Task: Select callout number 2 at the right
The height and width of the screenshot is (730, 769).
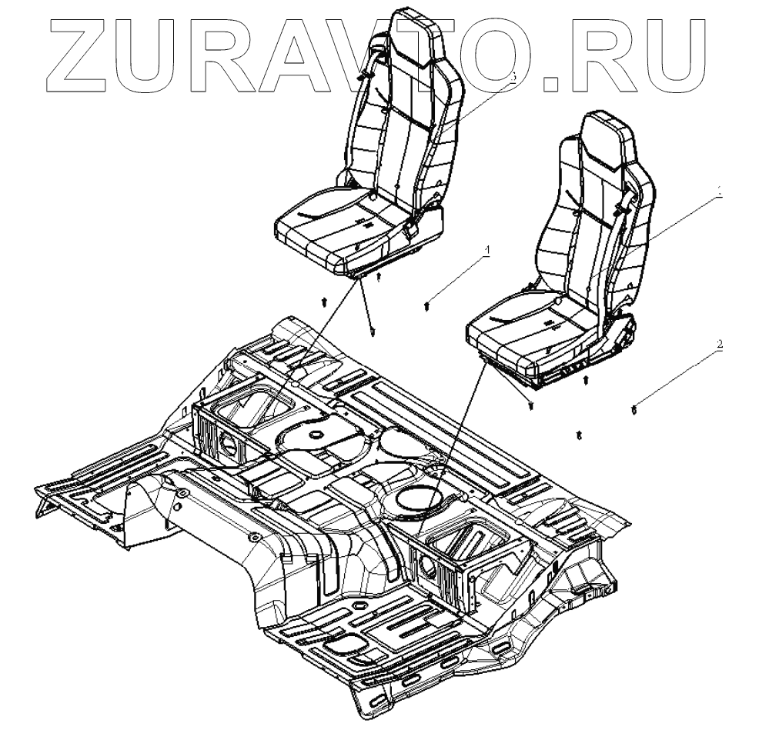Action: point(720,345)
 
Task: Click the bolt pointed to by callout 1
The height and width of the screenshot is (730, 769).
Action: point(427,307)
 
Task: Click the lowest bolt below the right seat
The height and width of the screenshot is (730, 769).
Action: point(578,436)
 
